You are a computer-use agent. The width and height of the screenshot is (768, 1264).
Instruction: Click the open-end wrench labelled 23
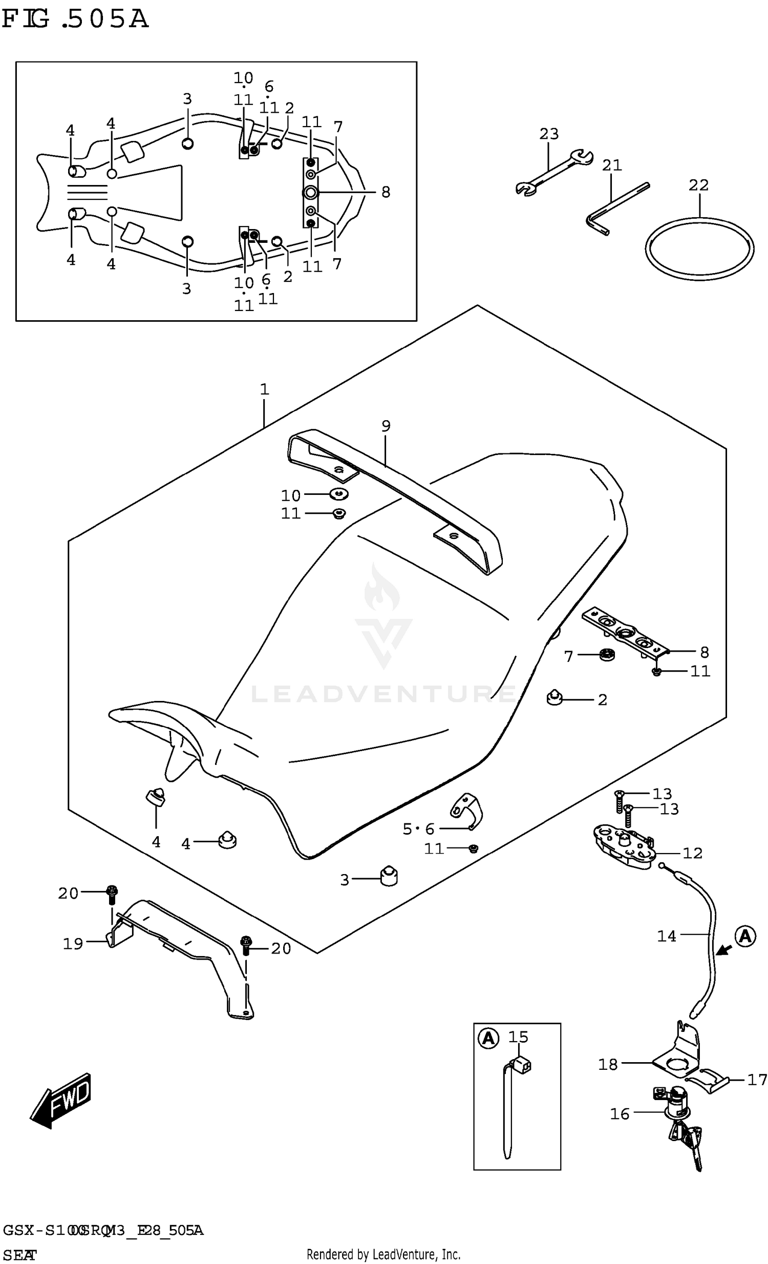[x=553, y=172]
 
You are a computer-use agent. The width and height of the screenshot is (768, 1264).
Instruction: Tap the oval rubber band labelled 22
[x=699, y=250]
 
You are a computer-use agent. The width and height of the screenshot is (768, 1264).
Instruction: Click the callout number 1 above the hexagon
[x=264, y=389]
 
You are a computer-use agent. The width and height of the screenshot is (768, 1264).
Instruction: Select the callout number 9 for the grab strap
[x=386, y=426]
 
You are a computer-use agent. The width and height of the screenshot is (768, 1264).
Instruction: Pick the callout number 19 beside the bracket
[x=73, y=943]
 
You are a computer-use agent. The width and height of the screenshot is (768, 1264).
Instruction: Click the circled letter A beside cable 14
[x=745, y=936]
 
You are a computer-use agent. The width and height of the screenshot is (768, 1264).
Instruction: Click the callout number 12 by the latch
[x=692, y=853]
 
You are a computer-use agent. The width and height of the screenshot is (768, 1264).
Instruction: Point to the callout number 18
[x=608, y=1065]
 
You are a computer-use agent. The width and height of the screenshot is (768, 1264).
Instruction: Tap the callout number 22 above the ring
[x=698, y=184]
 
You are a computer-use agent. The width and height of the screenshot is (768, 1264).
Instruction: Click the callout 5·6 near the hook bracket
[x=418, y=828]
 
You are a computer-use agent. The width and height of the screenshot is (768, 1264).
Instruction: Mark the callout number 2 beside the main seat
[x=603, y=700]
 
